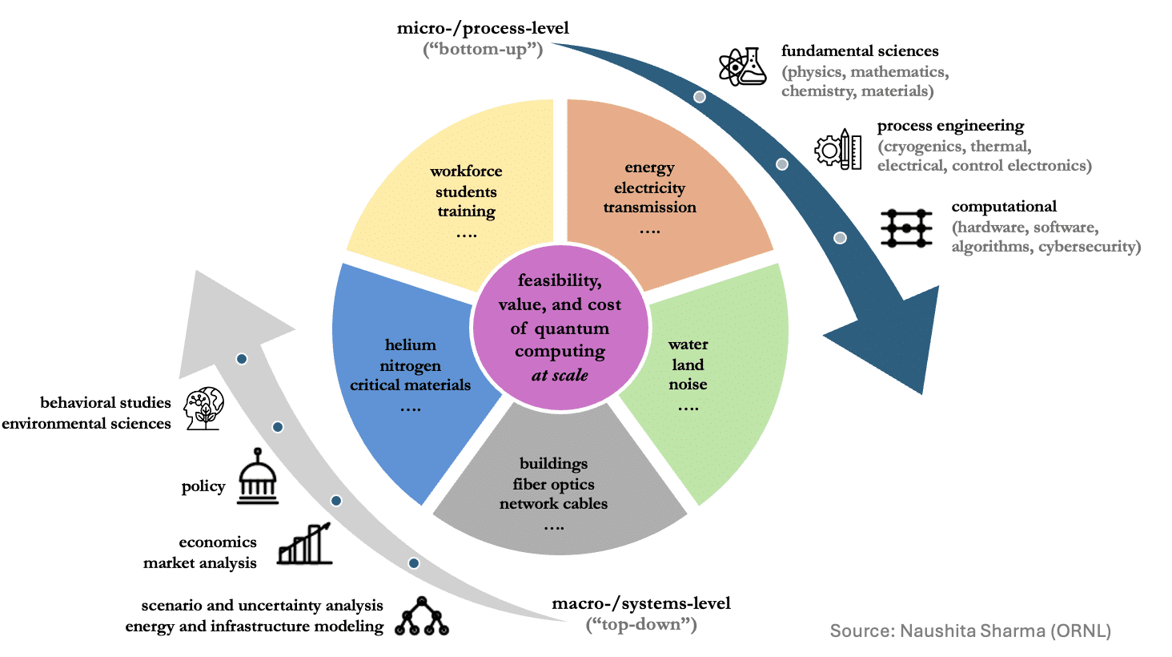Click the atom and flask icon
click(x=742, y=67)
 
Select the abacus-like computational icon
click(x=906, y=228)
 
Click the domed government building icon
click(x=258, y=477)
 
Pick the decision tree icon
click(x=422, y=616)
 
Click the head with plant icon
click(x=204, y=409)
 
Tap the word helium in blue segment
click(x=410, y=345)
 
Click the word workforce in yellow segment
click(x=466, y=171)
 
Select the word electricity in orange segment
click(x=649, y=188)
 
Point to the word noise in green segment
click(x=688, y=385)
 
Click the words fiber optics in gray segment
click(x=553, y=484)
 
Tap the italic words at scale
click(x=560, y=375)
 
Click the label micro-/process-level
click(x=483, y=28)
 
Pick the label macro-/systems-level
click(x=641, y=603)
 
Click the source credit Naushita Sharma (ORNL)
click(x=970, y=631)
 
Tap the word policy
click(x=203, y=487)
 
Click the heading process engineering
click(x=951, y=126)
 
